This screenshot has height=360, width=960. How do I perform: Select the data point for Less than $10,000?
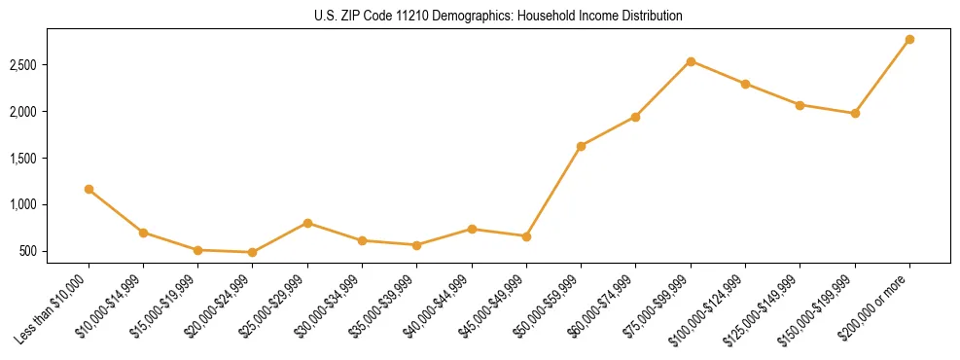89,189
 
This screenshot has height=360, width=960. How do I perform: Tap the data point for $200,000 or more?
909,39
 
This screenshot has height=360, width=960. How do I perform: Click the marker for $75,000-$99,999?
691,61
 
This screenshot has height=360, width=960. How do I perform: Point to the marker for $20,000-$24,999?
253,252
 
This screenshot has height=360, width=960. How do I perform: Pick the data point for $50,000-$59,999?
581,146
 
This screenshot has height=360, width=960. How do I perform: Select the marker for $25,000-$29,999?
307,223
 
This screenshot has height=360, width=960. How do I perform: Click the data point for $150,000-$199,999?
855,113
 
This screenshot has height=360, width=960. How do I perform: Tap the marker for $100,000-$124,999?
745,84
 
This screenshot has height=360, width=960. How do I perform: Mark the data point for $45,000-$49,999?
526,236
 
